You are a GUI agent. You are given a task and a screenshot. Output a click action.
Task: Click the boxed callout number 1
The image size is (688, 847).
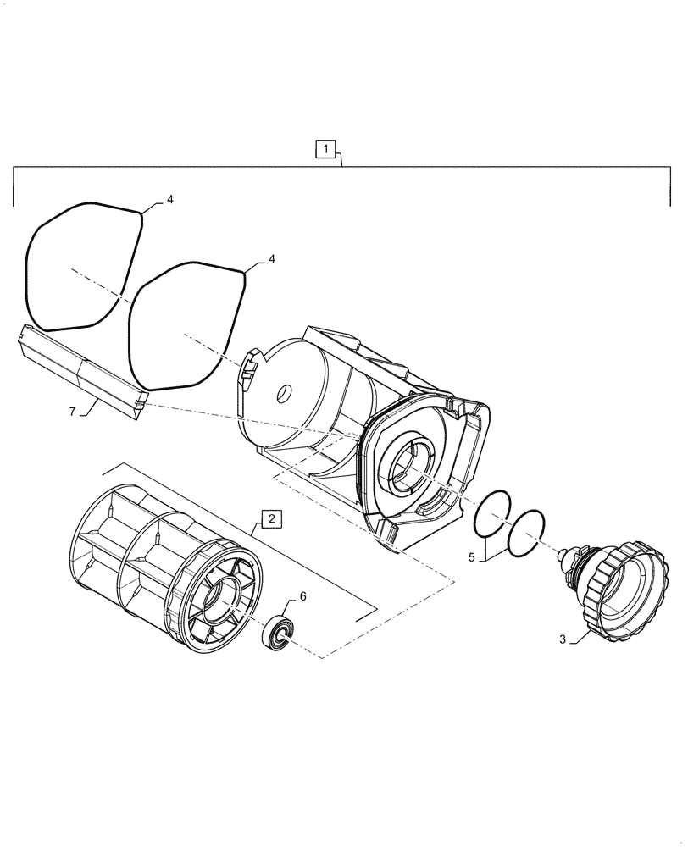[326, 150]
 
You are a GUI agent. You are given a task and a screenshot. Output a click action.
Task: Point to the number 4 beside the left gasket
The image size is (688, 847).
[169, 200]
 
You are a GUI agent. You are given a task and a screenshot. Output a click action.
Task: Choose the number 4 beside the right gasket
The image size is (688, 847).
[271, 260]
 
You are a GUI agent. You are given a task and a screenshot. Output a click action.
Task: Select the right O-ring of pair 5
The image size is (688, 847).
[525, 533]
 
